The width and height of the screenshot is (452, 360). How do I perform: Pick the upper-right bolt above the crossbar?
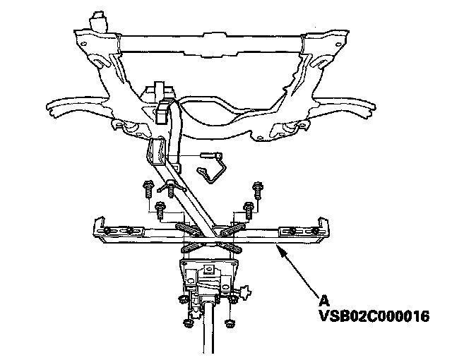coord(258,188)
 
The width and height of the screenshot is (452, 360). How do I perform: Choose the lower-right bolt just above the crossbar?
coord(248,208)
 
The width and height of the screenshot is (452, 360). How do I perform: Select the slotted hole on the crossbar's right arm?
coord(295,231)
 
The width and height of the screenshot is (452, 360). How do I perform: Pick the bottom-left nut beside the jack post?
coord(186,324)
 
